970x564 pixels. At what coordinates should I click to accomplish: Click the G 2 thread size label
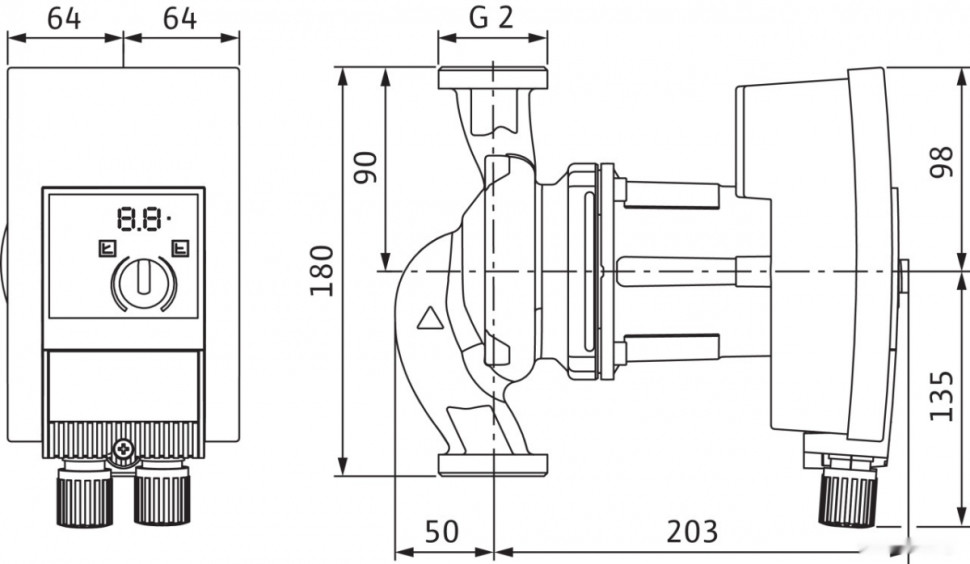[x=491, y=18]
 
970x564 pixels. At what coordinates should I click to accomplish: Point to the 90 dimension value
[x=367, y=166]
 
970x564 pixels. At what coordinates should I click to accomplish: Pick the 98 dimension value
[x=941, y=158]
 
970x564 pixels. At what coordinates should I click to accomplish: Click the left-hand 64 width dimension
[x=65, y=18]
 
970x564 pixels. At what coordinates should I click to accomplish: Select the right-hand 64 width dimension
[x=180, y=18]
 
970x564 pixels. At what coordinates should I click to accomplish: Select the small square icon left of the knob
[x=106, y=248]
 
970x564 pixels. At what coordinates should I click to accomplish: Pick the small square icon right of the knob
[x=181, y=248]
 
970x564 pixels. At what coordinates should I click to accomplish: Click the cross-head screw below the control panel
[x=124, y=451]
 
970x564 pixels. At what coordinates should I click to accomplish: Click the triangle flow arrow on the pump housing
[x=430, y=319]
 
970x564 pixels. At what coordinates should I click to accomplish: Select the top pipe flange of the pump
[x=492, y=78]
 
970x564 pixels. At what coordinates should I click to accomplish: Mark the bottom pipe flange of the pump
[x=492, y=463]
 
